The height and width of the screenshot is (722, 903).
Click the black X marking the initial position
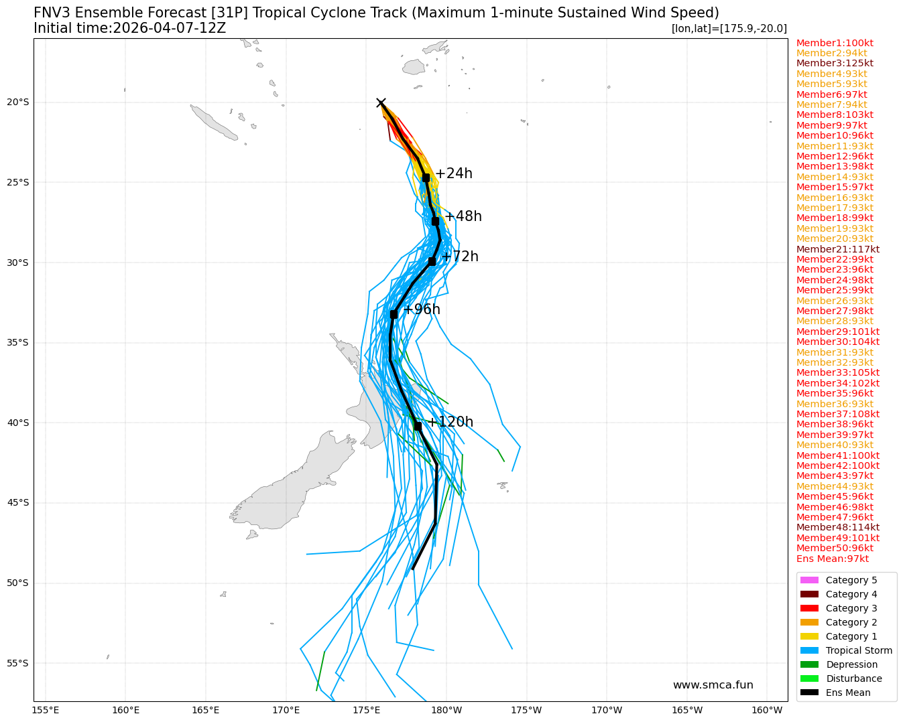click(381, 102)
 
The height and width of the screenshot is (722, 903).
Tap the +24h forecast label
click(454, 173)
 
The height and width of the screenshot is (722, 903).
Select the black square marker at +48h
click(435, 221)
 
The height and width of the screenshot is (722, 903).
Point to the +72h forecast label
click(460, 257)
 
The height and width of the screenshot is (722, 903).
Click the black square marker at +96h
click(394, 313)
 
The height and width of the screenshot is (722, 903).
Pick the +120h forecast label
click(450, 422)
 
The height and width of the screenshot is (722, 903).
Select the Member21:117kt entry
click(837, 249)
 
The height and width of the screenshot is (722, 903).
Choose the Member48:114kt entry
click(837, 528)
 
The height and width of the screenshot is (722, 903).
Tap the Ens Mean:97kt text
click(832, 559)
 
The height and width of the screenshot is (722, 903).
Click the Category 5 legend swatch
click(809, 580)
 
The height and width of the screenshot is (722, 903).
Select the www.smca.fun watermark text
click(713, 685)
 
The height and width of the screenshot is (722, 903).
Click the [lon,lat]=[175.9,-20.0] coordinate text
click(729, 28)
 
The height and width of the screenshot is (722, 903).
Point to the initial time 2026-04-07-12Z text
click(129, 28)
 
